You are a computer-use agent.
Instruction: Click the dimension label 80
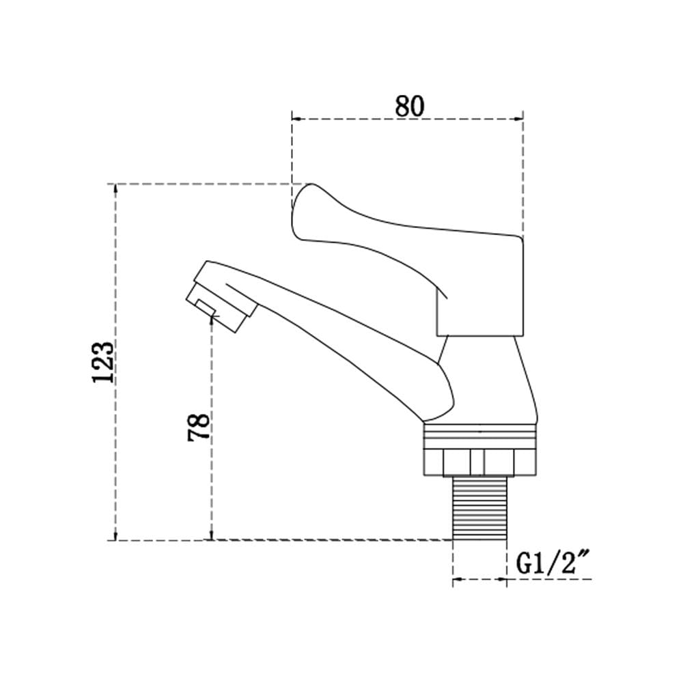(x=409, y=106)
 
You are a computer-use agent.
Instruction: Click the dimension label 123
(x=103, y=362)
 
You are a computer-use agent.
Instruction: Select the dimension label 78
(x=198, y=428)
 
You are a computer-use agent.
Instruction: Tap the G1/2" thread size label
(x=553, y=563)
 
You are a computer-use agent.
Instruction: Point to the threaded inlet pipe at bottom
(x=479, y=508)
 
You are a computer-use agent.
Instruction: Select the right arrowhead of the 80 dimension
(x=518, y=118)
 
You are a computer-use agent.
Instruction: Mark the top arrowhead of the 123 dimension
(x=115, y=189)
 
